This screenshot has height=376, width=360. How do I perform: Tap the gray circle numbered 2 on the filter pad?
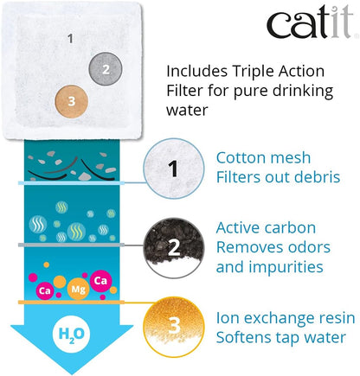click(106, 69)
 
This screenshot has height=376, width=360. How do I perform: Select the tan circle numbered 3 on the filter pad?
click(72, 101)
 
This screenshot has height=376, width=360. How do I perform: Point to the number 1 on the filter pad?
click(70, 39)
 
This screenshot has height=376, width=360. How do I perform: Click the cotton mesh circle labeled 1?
click(174, 169)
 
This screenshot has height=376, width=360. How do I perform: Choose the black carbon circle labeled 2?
click(174, 248)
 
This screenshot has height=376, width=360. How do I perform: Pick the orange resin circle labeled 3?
click(174, 327)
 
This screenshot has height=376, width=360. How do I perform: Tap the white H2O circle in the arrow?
click(71, 335)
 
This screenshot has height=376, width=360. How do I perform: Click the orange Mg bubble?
click(78, 289)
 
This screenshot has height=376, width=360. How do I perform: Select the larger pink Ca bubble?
click(100, 280)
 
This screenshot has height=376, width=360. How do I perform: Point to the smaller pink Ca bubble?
click(45, 290)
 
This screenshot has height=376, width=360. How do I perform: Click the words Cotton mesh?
click(263, 158)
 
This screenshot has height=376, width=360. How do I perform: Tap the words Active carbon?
click(266, 227)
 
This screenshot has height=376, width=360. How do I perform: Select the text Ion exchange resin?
click(286, 318)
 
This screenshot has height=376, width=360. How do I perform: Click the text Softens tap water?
click(281, 337)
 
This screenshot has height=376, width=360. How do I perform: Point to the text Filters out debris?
click(278, 177)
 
